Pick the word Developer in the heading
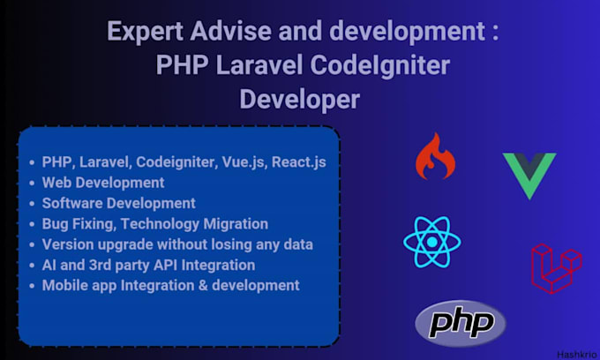(300, 99)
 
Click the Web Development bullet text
(103, 183)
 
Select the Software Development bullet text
(118, 203)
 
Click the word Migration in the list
(236, 223)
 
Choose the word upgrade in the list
(122, 244)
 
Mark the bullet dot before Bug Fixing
(33, 224)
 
